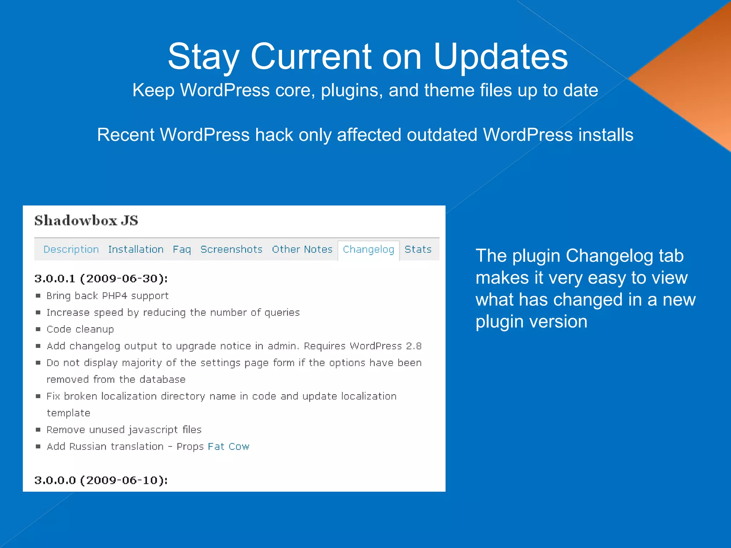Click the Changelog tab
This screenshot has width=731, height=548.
click(368, 249)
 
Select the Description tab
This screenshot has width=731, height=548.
click(71, 249)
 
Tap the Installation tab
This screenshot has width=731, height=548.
click(136, 249)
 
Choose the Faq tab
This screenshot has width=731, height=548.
click(182, 249)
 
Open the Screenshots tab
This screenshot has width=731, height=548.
click(231, 249)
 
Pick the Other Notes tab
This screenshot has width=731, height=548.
click(302, 249)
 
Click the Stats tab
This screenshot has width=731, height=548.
click(418, 249)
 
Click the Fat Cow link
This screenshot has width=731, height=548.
click(228, 447)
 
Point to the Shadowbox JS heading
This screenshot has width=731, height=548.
click(86, 220)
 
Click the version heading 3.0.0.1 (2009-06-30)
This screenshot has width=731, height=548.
click(101, 279)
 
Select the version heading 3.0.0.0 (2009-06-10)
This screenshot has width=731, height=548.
click(101, 480)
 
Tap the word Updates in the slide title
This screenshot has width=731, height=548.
click(500, 57)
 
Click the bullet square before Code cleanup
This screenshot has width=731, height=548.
click(38, 329)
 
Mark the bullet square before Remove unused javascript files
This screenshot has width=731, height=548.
click(38, 430)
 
